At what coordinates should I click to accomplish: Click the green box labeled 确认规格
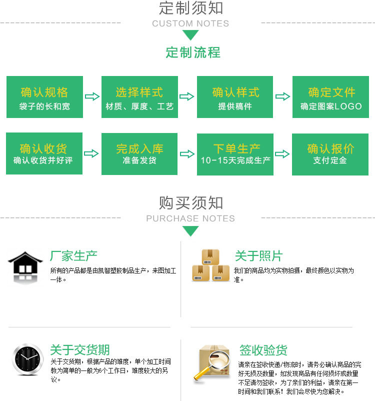[x=45, y=97]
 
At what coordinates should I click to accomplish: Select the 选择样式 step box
[x=139, y=97]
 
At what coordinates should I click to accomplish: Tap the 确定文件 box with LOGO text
[x=330, y=97]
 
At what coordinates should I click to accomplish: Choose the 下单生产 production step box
[x=235, y=154]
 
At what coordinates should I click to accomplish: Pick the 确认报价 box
[x=330, y=154]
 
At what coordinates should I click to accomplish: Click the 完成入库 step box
[x=139, y=154]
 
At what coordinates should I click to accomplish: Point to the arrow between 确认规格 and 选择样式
[x=92, y=96]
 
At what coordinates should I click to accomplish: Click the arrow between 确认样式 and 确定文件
[x=282, y=96]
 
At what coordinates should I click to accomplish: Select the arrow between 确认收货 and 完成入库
[x=91, y=153]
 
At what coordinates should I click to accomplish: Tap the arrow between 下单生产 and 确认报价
[x=282, y=154]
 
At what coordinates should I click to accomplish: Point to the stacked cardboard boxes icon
[x=211, y=265]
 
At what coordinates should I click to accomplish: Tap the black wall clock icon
[x=27, y=359]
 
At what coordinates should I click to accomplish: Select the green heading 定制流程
[x=193, y=52]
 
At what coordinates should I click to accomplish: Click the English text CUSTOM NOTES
[x=190, y=23]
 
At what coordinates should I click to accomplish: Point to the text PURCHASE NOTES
[x=190, y=218]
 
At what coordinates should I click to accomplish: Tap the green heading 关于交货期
[x=80, y=349]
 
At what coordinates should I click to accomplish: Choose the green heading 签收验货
[x=263, y=350]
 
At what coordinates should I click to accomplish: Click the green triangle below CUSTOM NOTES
[x=190, y=34]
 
